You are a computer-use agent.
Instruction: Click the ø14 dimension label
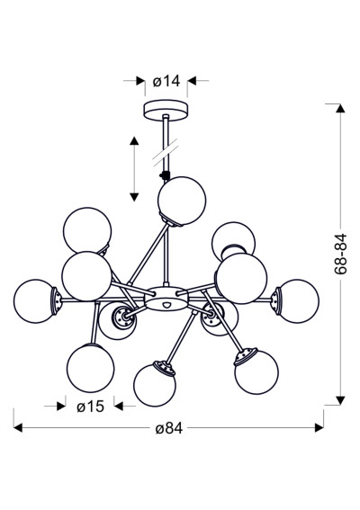(x=166, y=81)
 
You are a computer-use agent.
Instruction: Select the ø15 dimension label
(x=91, y=407)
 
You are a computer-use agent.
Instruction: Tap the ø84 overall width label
(x=169, y=428)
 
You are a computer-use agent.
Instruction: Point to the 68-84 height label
(x=341, y=254)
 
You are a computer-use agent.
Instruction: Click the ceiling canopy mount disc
(x=166, y=111)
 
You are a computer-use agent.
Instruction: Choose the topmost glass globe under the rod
(x=182, y=201)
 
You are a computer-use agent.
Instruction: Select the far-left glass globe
(x=35, y=301)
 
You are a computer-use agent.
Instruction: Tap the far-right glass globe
(x=298, y=301)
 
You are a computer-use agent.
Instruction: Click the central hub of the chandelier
(x=166, y=299)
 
